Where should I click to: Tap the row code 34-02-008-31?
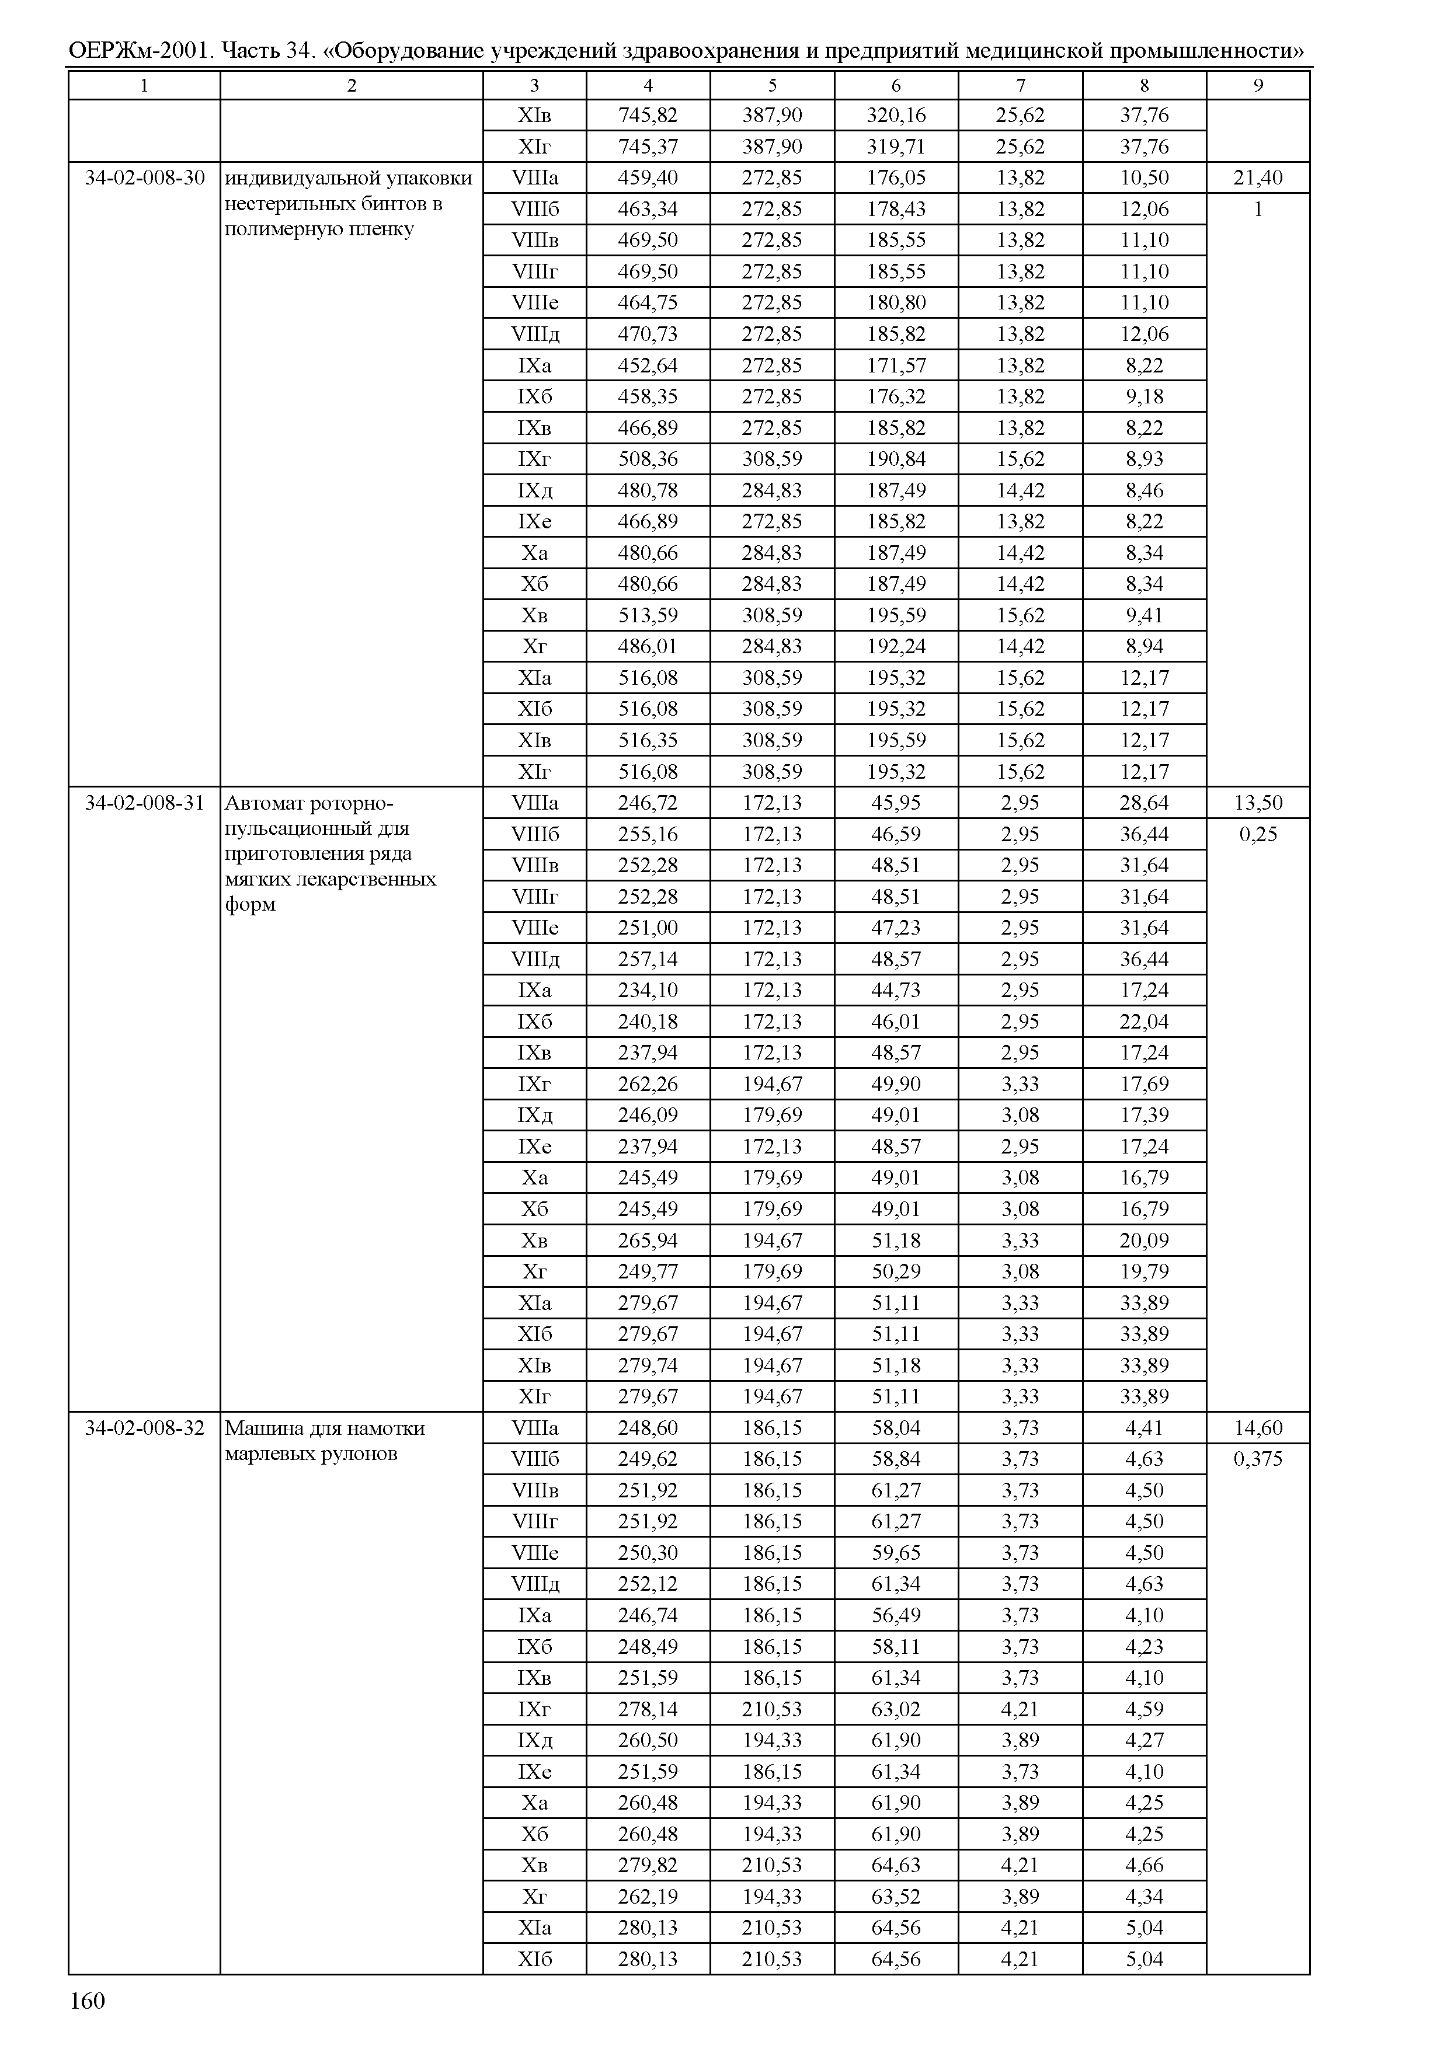[x=144, y=803]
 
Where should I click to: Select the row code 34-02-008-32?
[x=144, y=1428]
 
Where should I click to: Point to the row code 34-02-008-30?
[x=144, y=178]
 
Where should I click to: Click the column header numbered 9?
[x=1258, y=85]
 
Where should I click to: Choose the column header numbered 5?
[x=772, y=85]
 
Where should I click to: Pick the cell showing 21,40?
[x=1258, y=178]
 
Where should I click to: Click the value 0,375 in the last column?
[x=1258, y=1459]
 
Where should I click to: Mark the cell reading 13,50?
[x=1258, y=803]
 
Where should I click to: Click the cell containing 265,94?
[x=648, y=1240]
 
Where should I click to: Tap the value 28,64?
[x=1144, y=803]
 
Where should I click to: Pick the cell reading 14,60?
[x=1258, y=1428]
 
